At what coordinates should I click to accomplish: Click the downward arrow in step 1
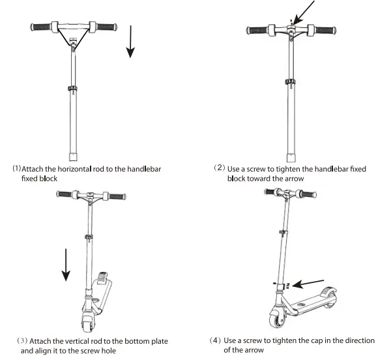click(x=131, y=42)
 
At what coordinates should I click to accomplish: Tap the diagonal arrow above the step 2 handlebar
click(x=305, y=14)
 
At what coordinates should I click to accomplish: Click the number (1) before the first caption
click(x=16, y=168)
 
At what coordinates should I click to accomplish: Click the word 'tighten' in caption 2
click(x=282, y=169)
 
